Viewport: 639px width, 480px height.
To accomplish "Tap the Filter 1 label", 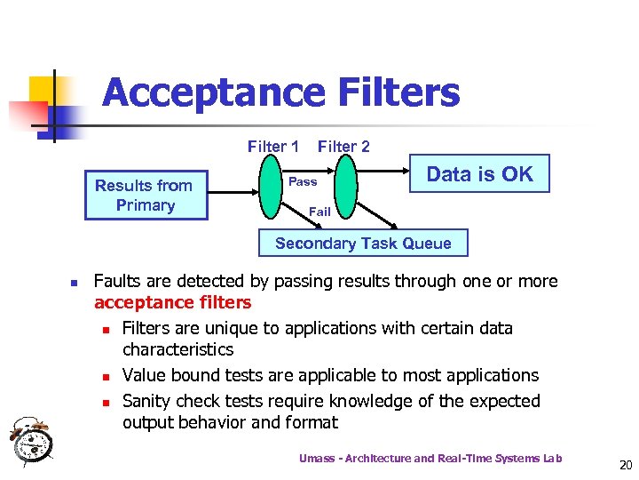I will click(272, 147).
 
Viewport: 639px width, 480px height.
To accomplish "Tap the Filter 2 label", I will click(343, 147).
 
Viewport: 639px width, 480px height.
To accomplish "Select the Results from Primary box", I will click(145, 195).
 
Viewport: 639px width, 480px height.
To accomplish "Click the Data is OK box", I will click(479, 174).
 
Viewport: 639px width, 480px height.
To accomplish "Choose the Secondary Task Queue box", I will click(363, 244).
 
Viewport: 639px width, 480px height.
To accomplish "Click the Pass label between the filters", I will click(303, 181).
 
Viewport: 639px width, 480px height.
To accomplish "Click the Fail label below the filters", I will click(319, 212).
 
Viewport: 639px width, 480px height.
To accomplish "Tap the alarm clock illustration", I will click(31, 438).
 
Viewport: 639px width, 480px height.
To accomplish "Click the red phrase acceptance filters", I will click(172, 303).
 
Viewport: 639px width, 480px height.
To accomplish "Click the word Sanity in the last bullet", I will click(149, 401).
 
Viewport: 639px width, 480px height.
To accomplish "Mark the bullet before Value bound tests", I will click(106, 377).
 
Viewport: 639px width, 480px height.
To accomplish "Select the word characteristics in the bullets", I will click(177, 350).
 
